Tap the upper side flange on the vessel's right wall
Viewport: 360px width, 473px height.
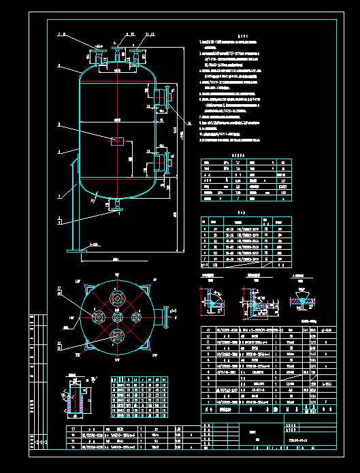pyautogui.click(x=163, y=97)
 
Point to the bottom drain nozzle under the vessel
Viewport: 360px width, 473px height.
pyautogui.click(x=118, y=206)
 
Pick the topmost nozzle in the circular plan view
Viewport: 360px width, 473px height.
pyautogui.click(x=118, y=298)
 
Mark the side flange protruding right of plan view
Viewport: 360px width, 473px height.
pyautogui.click(x=163, y=315)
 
